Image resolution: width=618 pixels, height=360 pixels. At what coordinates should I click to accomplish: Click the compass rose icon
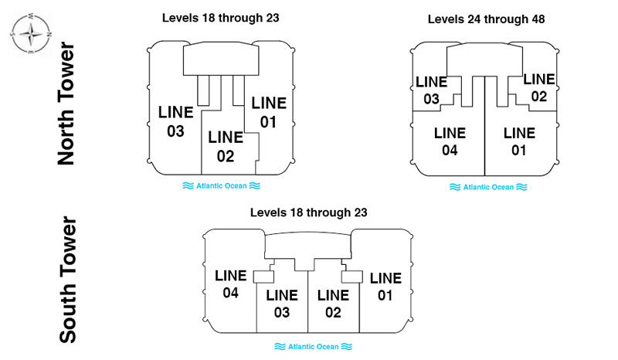coord(30,34)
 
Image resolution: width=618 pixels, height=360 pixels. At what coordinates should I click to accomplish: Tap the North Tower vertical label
coord(66,104)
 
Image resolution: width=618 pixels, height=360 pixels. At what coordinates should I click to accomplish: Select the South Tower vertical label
coord(68,280)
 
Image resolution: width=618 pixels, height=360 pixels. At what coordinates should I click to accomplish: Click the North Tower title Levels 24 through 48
coord(486,19)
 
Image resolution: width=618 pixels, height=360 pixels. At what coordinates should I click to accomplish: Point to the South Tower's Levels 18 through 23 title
coord(308,212)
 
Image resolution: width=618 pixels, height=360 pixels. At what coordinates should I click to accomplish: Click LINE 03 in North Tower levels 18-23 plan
coord(176,121)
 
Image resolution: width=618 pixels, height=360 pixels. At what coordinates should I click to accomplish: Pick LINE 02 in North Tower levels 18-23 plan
coord(226,147)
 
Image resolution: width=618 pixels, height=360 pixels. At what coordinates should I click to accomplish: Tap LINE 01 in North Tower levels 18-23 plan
coord(269,112)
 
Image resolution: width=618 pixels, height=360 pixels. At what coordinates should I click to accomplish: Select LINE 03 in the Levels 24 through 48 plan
coord(432,90)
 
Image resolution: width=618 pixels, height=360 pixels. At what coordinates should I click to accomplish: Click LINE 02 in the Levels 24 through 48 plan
coord(539,88)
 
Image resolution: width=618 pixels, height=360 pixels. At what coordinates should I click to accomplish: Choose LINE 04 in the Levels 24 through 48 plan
coord(450,141)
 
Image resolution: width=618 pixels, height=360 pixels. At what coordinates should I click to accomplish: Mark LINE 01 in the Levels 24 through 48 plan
coord(519,141)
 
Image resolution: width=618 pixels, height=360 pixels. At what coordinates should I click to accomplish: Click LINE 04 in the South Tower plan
coord(230,284)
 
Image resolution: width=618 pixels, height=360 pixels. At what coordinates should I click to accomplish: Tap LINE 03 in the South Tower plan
coord(282,304)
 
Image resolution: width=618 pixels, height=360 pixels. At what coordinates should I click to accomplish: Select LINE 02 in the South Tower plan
coord(333,304)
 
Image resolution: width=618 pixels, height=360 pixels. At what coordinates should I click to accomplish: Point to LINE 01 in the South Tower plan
coord(385,287)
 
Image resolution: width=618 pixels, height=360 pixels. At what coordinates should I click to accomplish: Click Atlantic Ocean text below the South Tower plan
coord(314,347)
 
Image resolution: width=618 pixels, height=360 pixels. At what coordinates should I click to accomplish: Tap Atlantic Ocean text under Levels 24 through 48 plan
coord(488,187)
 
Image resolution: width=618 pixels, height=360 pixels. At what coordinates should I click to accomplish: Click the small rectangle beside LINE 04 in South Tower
coord(263,277)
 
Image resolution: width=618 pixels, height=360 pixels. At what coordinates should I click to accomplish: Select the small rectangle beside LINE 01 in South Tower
coord(352,277)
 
